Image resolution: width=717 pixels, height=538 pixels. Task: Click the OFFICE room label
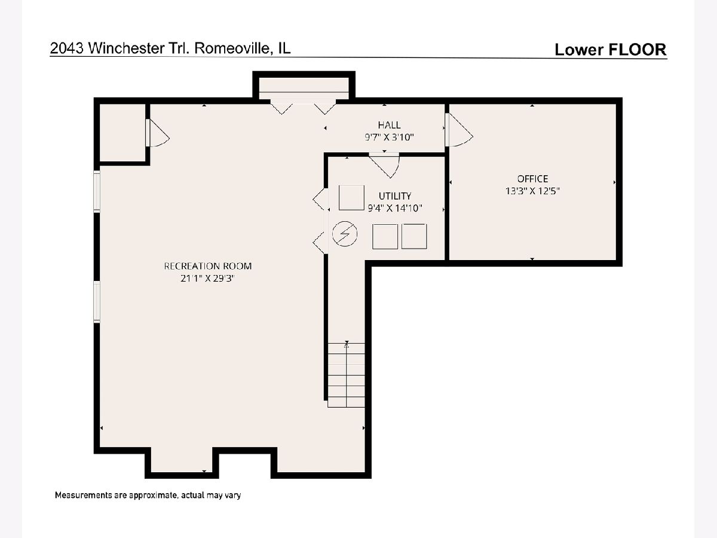(532, 179)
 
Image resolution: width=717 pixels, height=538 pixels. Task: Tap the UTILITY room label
(395, 196)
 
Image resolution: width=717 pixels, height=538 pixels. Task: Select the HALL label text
(389, 125)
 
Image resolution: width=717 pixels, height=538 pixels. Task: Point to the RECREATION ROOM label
(208, 266)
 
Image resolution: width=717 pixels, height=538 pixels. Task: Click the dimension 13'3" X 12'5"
(532, 191)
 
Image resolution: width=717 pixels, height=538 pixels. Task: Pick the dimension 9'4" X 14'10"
(395, 208)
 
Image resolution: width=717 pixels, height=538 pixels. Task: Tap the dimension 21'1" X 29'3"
(208, 279)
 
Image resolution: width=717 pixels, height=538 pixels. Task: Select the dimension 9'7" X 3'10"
(389, 137)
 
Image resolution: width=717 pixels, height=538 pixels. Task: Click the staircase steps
(346, 375)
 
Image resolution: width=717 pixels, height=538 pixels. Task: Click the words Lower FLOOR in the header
(610, 50)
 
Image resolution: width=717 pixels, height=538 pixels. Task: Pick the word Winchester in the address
(127, 48)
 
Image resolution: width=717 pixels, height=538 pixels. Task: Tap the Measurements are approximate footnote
(148, 495)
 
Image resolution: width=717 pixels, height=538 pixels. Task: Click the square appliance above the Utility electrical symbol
(351, 198)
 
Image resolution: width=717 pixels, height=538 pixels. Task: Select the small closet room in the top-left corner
(122, 133)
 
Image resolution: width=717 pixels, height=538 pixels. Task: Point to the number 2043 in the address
(68, 48)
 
